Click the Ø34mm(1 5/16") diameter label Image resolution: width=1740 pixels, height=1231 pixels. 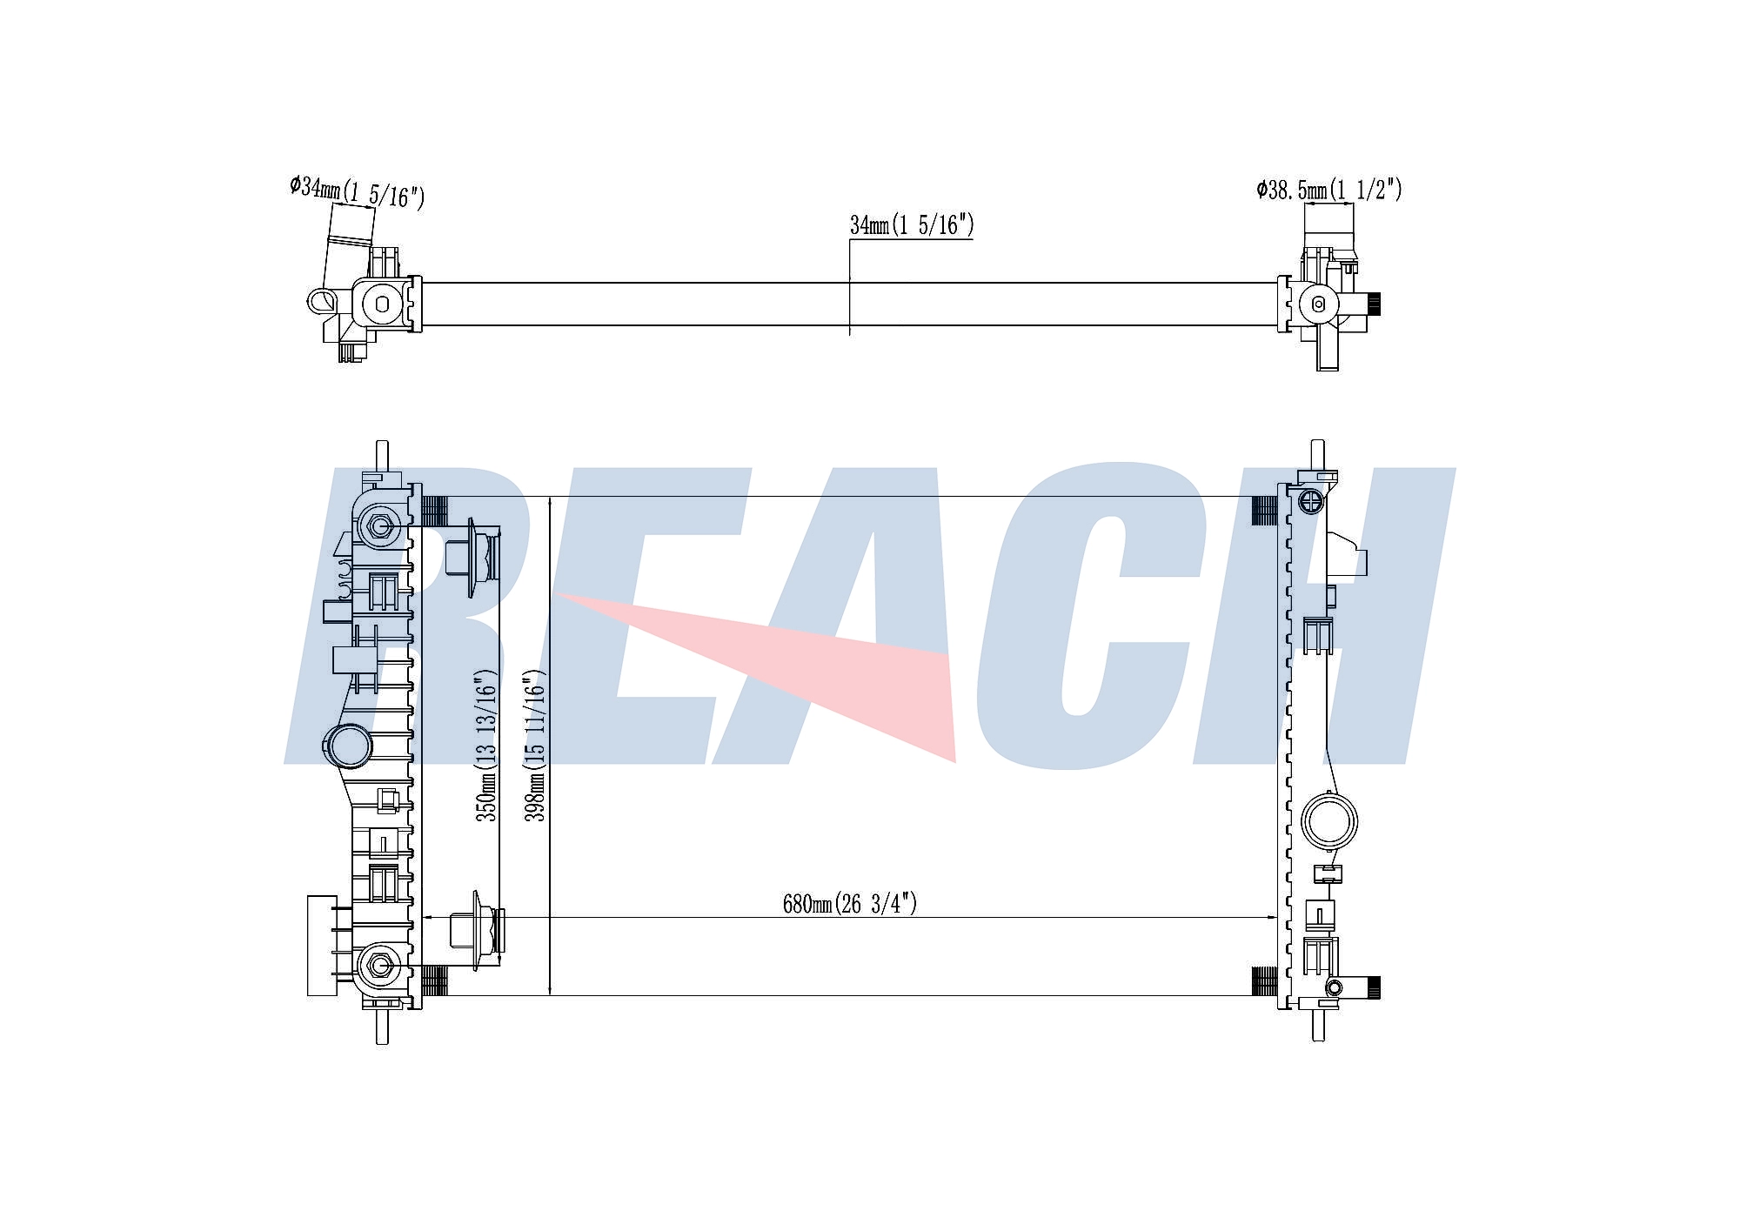pyautogui.click(x=358, y=192)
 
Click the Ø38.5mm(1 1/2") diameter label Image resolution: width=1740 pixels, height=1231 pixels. pyautogui.click(x=1329, y=190)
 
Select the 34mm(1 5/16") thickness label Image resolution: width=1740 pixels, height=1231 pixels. pyautogui.click(x=912, y=225)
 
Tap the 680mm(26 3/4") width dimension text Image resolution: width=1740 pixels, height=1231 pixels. pyautogui.click(x=850, y=904)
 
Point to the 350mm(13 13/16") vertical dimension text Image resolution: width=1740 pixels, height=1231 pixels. pyautogui.click(x=486, y=745)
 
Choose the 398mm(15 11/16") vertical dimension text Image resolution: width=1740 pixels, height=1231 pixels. pyautogui.click(x=535, y=745)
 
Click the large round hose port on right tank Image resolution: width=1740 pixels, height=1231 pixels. pyautogui.click(x=1328, y=820)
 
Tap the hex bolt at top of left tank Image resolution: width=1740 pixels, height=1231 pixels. pyautogui.click(x=378, y=525)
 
